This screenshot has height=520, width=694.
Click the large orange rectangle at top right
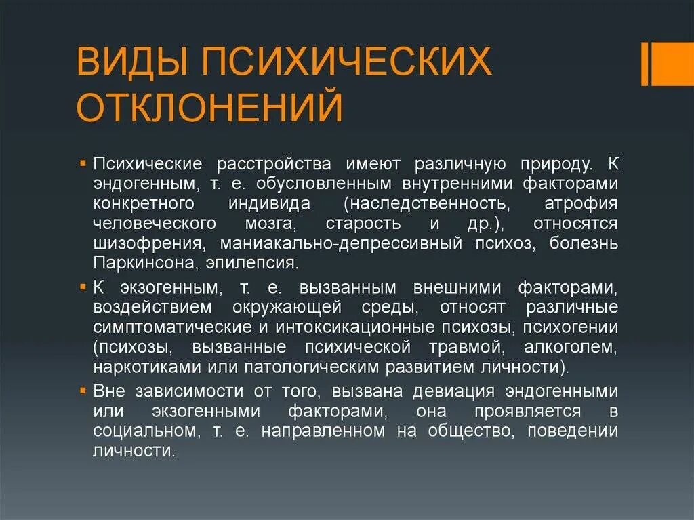(x=674, y=64)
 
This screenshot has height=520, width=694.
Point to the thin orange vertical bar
(x=645, y=64)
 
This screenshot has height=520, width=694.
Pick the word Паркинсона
(x=135, y=262)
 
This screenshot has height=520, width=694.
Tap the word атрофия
(x=581, y=203)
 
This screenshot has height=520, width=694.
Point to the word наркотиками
(x=140, y=367)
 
